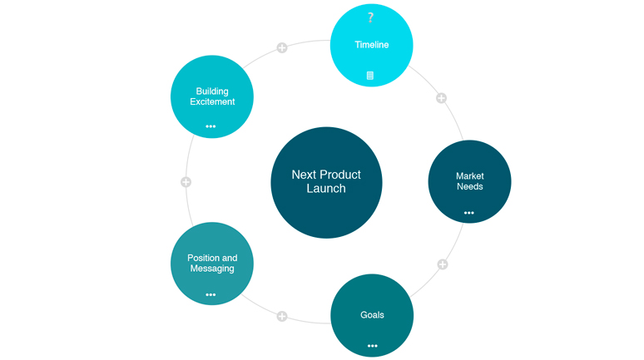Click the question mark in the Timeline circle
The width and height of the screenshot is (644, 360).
(x=371, y=17)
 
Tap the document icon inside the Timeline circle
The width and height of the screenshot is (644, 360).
(x=370, y=76)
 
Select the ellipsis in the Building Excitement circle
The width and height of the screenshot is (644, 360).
(x=211, y=126)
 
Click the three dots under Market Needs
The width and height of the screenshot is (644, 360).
(x=469, y=213)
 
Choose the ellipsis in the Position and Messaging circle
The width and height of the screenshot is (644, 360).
(x=211, y=294)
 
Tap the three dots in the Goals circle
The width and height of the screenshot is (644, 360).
(x=372, y=345)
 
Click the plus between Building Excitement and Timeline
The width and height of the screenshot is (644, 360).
(x=282, y=47)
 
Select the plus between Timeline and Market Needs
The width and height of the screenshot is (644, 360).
(x=442, y=98)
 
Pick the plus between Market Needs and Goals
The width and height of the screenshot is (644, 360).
(x=443, y=264)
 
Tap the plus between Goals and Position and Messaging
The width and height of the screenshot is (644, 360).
(x=282, y=316)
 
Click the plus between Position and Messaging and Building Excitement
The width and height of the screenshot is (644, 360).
(x=186, y=181)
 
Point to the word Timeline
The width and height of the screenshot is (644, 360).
(x=372, y=45)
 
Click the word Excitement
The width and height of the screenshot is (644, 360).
(x=212, y=102)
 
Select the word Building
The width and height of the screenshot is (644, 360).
(x=212, y=91)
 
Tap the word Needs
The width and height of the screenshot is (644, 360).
(x=470, y=186)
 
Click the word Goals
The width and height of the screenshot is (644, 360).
(x=372, y=315)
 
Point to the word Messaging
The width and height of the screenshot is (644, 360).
(x=211, y=269)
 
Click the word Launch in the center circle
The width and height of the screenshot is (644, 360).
(x=326, y=189)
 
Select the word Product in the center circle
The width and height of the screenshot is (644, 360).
(x=340, y=175)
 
